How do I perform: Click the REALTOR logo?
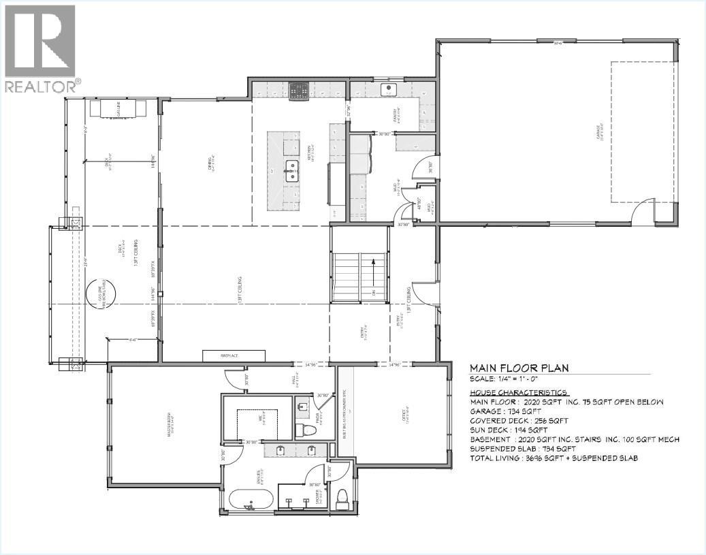pyautogui.click(x=41, y=48)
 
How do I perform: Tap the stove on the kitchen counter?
pyautogui.click(x=299, y=91)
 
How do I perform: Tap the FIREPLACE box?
pyautogui.click(x=233, y=355)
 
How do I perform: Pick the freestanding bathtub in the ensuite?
pyautogui.click(x=253, y=501)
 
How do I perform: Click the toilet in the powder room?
pyautogui.click(x=304, y=428)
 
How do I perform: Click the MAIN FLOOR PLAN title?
pyautogui.click(x=519, y=368)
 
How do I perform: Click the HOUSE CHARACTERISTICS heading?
pyautogui.click(x=519, y=393)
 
